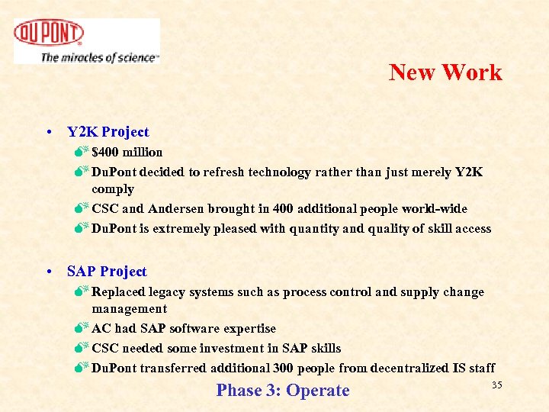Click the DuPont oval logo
point(49,33)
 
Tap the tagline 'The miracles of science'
point(99,57)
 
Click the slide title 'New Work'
point(445,72)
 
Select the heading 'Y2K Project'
point(108,132)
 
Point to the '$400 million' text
point(127,153)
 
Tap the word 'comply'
point(112,189)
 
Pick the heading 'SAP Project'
point(107,272)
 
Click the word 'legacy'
point(173,292)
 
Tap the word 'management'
point(129,309)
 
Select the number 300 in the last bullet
point(282,369)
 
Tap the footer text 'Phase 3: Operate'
point(283,391)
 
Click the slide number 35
point(496,385)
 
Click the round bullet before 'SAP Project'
point(48,272)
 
